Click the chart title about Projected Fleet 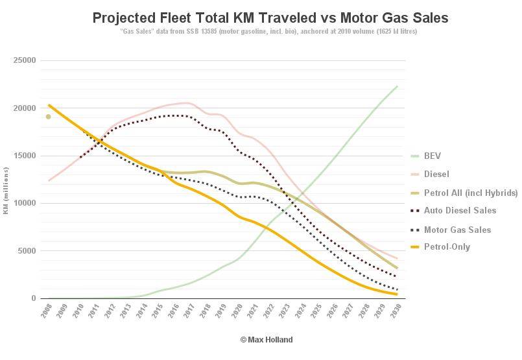(x=270, y=18)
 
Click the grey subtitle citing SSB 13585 (x=269, y=32)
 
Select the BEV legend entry (x=433, y=156)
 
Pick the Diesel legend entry (x=436, y=174)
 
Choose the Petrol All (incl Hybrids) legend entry (x=471, y=193)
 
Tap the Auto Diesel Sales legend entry (x=460, y=210)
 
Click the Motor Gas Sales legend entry (x=457, y=230)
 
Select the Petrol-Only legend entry (x=447, y=247)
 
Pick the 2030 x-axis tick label (x=393, y=311)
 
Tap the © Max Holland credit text (x=267, y=340)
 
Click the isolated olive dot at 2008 (x=48, y=117)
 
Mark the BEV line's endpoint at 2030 (x=397, y=86)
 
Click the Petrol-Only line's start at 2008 (x=49, y=105)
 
